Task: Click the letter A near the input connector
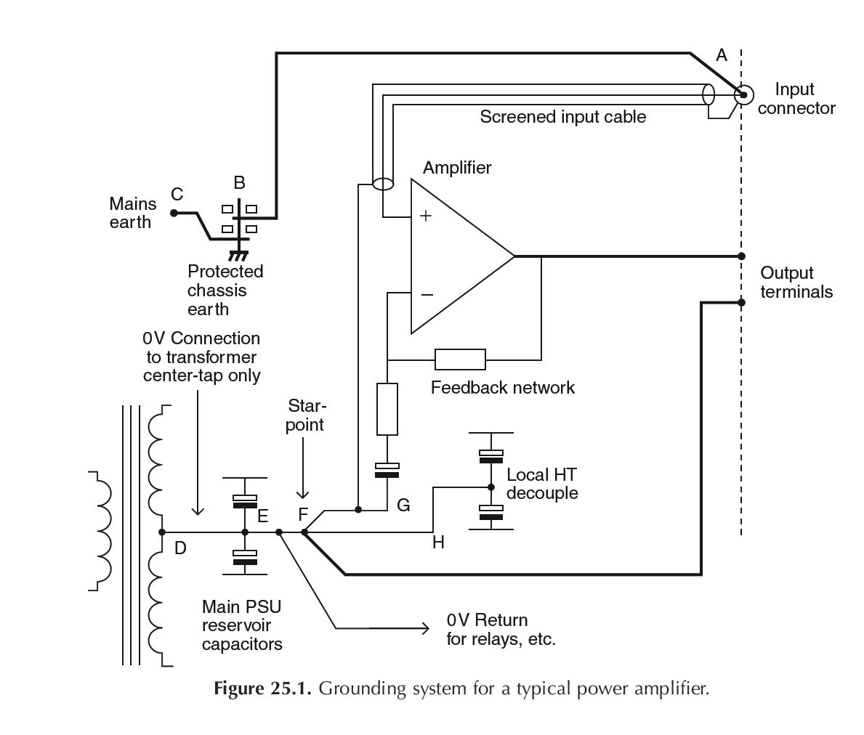point(721,55)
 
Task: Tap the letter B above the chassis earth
point(239,182)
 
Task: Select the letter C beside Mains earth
point(177,194)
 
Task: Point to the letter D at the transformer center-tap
point(180,548)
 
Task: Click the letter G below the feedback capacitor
point(403,505)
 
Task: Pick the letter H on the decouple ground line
point(438,543)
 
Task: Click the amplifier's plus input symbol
point(426,216)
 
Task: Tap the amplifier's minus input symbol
point(427,295)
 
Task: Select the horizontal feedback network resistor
point(460,360)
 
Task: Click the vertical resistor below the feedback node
point(387,410)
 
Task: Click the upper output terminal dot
point(741,256)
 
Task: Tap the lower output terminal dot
point(741,302)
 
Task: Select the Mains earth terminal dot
point(174,213)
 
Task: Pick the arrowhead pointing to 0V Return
point(424,628)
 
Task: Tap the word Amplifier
point(457,168)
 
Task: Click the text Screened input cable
point(562,117)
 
